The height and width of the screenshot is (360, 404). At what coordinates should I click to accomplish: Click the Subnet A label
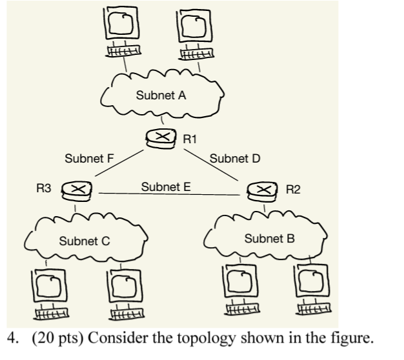coord(161,95)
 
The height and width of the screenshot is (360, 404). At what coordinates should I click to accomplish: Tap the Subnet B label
coord(269,239)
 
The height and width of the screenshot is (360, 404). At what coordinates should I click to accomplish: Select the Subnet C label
coord(84,241)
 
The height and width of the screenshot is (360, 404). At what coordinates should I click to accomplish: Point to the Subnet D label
coord(234,158)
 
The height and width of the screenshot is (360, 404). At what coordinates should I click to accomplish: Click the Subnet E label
coord(165,187)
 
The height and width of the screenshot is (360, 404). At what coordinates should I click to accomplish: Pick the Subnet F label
coord(89,158)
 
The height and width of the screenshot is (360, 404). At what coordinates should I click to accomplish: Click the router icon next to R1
coord(163,137)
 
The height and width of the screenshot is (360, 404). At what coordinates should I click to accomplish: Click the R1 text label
coord(190,138)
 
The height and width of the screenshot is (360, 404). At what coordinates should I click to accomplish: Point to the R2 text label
coord(293,189)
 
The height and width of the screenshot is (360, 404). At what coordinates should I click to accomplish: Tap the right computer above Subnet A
coord(195,32)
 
